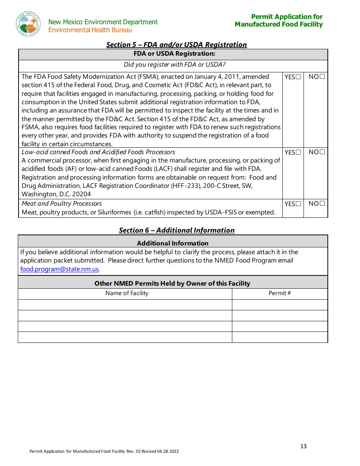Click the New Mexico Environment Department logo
pyautogui.click(x=28, y=23)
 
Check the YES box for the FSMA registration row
pyautogui.click(x=298, y=77)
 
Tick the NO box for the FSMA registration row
pyautogui.click(x=322, y=77)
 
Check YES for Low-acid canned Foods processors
pyautogui.click(x=298, y=152)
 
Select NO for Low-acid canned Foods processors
pyautogui.click(x=322, y=152)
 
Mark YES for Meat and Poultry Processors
pyautogui.click(x=298, y=204)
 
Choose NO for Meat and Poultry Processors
pyautogui.click(x=322, y=203)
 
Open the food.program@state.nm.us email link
pyautogui.click(x=59, y=269)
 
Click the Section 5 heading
pyautogui.click(x=176, y=45)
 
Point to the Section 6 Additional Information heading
pyautogui.click(x=177, y=230)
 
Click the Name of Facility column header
pyautogui.click(x=127, y=293)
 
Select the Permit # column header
pyautogui.click(x=280, y=293)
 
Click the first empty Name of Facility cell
pyautogui.click(x=125, y=305)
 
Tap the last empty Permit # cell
pyautogui.click(x=280, y=337)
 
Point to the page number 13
pyautogui.click(x=303, y=446)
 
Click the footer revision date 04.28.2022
pyautogui.click(x=168, y=451)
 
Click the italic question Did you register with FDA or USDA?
pyautogui.click(x=174, y=65)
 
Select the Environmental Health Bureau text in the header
pyautogui.click(x=90, y=30)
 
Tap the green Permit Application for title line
pyautogui.click(x=287, y=17)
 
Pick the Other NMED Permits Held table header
pyautogui.click(x=172, y=283)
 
